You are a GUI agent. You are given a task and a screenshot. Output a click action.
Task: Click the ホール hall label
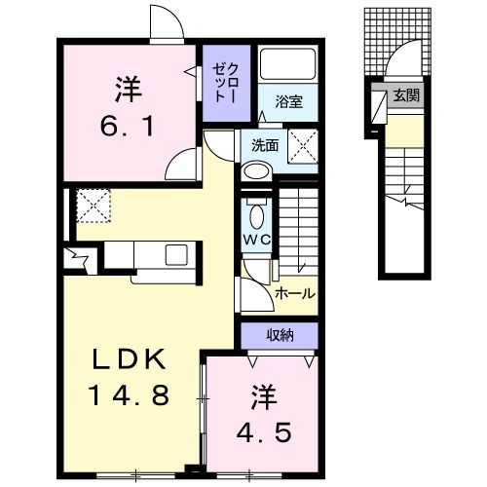293,292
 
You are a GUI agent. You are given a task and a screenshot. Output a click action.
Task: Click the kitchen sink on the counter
177,255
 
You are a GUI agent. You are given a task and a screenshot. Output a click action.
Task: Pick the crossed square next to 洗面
303,148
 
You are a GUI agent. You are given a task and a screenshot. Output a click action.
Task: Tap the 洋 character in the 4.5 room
261,397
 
